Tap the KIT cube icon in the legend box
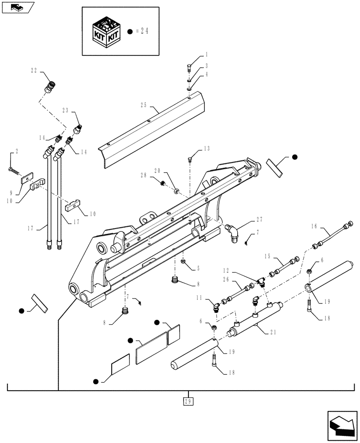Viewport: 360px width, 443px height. coord(105,31)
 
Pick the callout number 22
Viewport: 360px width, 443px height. coord(34,70)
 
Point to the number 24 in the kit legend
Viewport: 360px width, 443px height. coord(141,31)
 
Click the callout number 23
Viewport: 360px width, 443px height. coord(66,111)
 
